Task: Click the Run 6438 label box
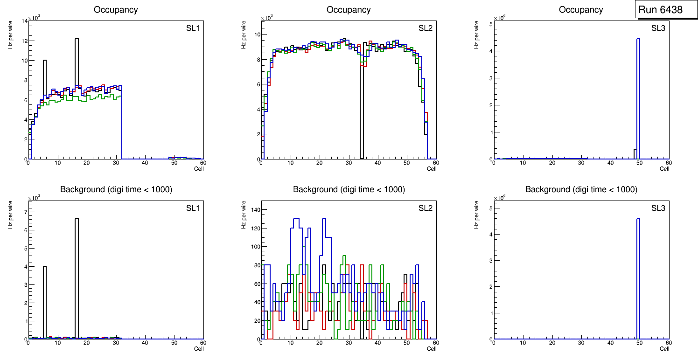(661, 9)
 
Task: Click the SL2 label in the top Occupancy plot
(425, 28)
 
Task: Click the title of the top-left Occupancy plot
(115, 10)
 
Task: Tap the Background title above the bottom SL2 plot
(349, 189)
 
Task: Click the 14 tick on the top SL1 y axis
(24, 21)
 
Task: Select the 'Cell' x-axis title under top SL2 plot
(432, 169)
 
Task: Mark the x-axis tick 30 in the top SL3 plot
(581, 163)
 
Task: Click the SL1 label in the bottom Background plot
(192, 208)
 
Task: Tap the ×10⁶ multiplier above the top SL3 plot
(500, 18)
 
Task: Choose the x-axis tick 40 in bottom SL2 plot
(377, 343)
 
